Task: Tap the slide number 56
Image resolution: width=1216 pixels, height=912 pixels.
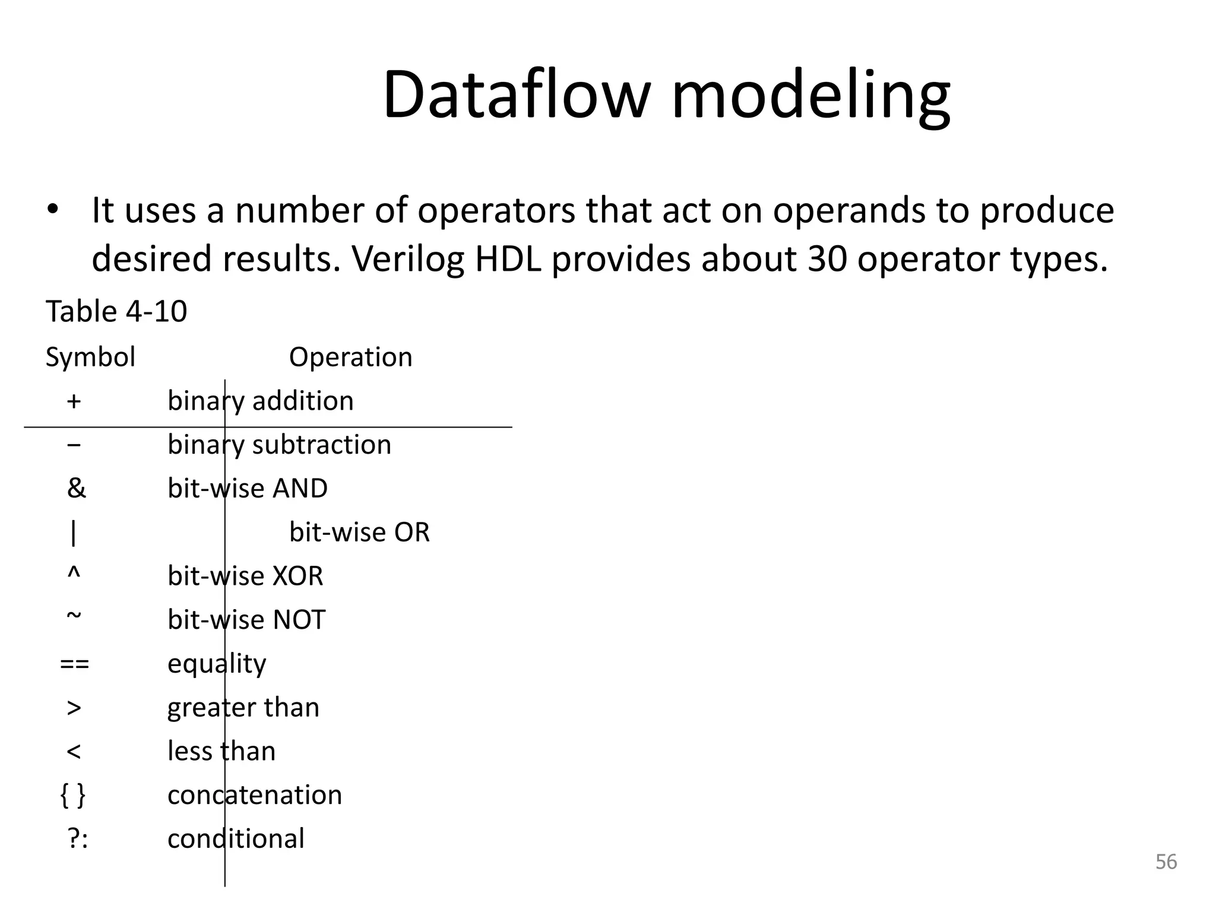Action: tap(1166, 862)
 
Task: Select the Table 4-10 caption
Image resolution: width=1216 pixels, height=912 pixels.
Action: tap(116, 312)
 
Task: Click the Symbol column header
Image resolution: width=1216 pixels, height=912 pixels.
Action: tap(90, 357)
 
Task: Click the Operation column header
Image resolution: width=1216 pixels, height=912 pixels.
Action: tap(350, 357)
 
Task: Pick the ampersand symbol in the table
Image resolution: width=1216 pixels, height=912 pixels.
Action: tap(76, 489)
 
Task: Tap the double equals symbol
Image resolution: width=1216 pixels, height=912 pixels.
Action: tap(74, 664)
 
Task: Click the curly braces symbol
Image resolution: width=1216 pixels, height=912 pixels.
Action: tap(73, 795)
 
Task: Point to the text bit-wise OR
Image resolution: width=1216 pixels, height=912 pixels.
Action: tap(359, 533)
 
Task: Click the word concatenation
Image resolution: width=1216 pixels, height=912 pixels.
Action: tap(255, 795)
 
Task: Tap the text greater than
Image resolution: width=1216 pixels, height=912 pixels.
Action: tap(243, 708)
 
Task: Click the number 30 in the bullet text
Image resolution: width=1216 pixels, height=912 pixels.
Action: tap(827, 259)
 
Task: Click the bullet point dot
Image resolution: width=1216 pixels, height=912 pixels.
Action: tap(53, 210)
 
